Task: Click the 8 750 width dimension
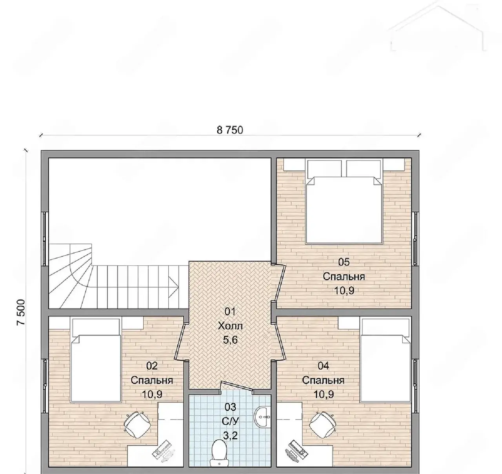(x=230, y=130)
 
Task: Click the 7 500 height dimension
(x=21, y=312)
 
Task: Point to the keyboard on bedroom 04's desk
(x=296, y=452)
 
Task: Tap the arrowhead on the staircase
(x=174, y=287)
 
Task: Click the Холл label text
(x=230, y=326)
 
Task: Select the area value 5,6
(x=230, y=340)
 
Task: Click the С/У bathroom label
(x=230, y=421)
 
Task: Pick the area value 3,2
(x=230, y=436)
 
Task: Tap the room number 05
(x=344, y=262)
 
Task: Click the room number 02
(x=152, y=366)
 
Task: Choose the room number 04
(x=323, y=366)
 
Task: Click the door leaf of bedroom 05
(x=280, y=283)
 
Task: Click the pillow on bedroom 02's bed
(x=96, y=327)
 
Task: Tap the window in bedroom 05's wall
(x=415, y=239)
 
